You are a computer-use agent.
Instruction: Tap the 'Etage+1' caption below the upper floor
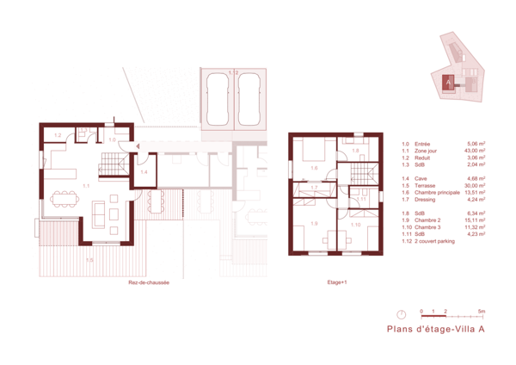[336, 282]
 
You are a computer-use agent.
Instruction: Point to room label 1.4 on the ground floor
[144, 173]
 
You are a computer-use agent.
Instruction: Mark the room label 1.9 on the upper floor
[315, 224]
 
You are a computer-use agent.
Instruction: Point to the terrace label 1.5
[89, 258]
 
